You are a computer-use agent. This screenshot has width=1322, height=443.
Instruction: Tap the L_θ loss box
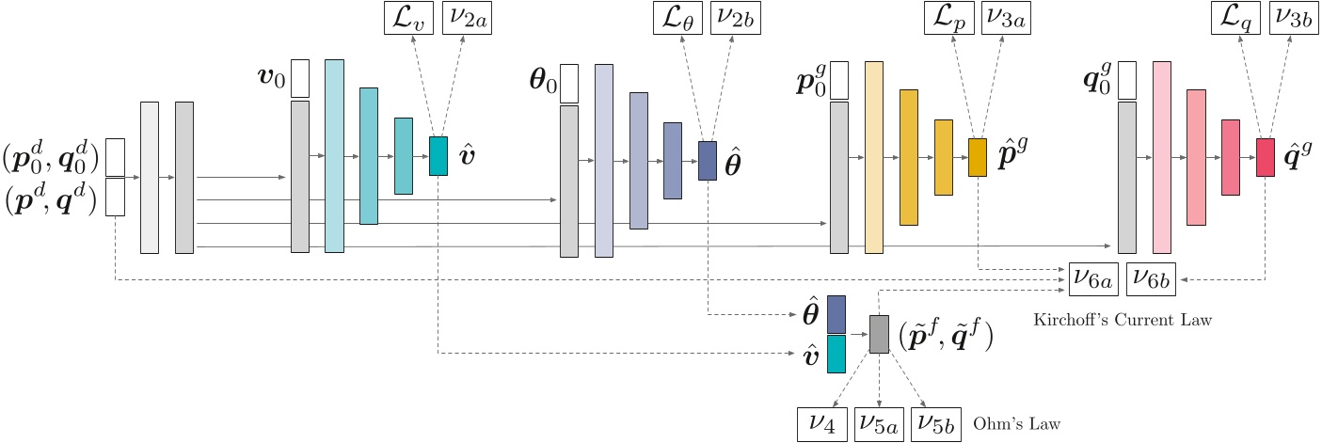[x=677, y=19]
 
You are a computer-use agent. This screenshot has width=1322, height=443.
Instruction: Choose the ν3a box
[x=1006, y=19]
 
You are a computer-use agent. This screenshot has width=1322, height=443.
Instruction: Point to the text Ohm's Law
[x=1017, y=424]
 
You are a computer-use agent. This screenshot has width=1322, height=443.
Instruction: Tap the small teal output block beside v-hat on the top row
[x=438, y=156]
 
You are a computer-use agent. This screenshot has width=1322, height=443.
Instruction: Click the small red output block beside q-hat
[x=1266, y=157]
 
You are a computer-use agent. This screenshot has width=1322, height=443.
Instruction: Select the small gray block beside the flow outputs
[x=879, y=334]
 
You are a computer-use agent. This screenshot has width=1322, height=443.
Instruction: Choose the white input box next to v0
[x=300, y=78]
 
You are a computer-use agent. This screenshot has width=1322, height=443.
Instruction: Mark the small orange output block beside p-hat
[x=978, y=157]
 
